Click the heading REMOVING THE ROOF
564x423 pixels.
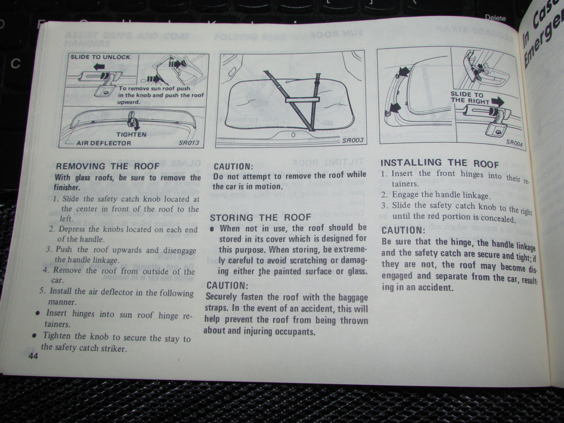(108, 166)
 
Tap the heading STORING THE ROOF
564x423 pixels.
(260, 217)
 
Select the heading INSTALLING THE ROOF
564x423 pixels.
(439, 163)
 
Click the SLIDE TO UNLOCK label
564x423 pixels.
(100, 57)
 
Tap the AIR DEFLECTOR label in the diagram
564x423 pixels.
(104, 143)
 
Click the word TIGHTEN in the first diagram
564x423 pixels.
(131, 135)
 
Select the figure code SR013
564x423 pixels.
(189, 142)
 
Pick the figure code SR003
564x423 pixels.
(352, 140)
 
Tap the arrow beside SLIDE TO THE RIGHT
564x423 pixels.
(497, 101)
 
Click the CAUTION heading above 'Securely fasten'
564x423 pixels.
(226, 285)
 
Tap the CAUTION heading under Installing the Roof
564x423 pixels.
(402, 230)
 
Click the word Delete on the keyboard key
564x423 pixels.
(495, 18)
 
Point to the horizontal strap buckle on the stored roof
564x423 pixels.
(302, 100)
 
